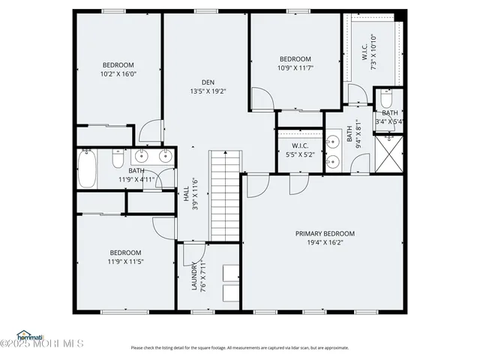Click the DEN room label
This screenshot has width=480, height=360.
pyautogui.click(x=208, y=82)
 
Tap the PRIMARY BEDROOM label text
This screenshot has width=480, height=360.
pyautogui.click(x=325, y=234)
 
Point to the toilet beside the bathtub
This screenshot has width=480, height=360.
pyautogui.click(x=118, y=158)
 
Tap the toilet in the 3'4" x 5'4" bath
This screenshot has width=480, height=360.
pyautogui.click(x=386, y=99)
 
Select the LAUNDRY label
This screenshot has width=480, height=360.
pyautogui.click(x=194, y=276)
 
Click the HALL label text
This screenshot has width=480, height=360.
pyautogui.click(x=186, y=194)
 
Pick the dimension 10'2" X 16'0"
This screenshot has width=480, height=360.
pyautogui.click(x=118, y=74)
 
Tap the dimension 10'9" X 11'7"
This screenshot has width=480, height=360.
pyautogui.click(x=295, y=68)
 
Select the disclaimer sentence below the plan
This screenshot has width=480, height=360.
pyautogui.click(x=240, y=347)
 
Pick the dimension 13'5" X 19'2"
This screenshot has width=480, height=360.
pyautogui.click(x=208, y=91)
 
